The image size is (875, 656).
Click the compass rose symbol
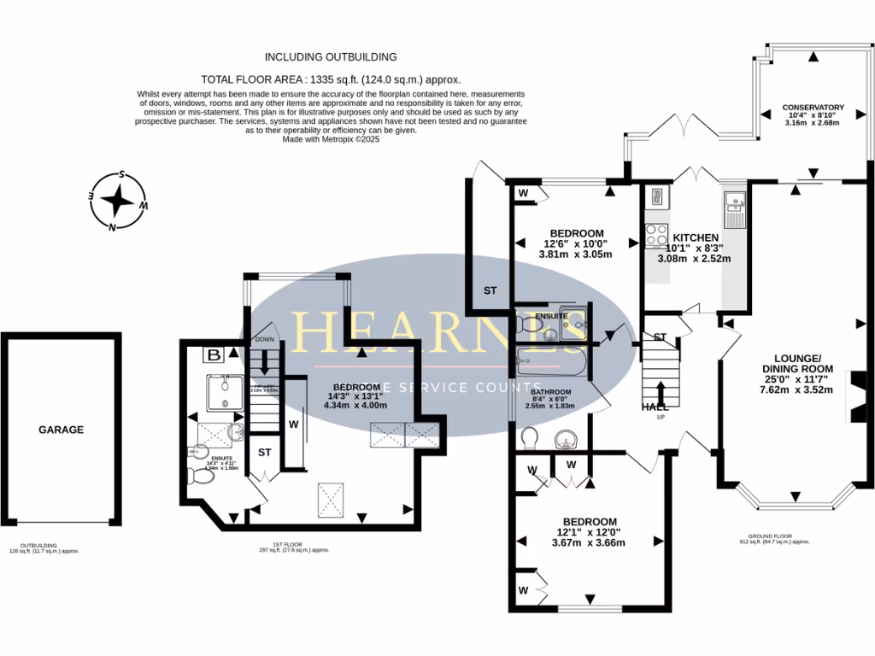[x=120, y=202]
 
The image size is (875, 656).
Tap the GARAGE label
[x=61, y=430]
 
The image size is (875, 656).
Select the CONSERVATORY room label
[x=813, y=108]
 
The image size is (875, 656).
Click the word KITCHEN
[x=696, y=237]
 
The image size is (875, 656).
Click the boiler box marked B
[x=211, y=354]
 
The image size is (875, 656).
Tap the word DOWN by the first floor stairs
[x=265, y=340]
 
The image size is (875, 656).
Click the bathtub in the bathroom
[x=551, y=361]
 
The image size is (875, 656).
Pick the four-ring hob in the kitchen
[x=657, y=233]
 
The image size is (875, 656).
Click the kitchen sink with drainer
[x=735, y=206]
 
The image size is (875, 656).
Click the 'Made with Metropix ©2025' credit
[x=330, y=139]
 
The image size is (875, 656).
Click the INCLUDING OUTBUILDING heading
[x=331, y=57]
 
